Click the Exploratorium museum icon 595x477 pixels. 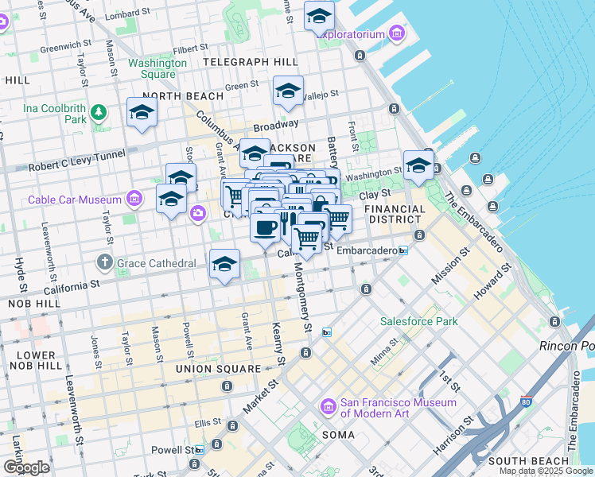click(396, 33)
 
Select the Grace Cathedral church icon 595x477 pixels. click(104, 262)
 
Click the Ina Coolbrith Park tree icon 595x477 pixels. click(99, 113)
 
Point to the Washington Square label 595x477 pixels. click(152, 68)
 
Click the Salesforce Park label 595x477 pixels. click(418, 321)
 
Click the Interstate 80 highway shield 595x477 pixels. click(526, 401)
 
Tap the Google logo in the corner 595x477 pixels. click(26, 467)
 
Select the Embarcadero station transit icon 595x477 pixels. click(402, 250)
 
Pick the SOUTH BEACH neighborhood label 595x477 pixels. click(529, 461)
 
